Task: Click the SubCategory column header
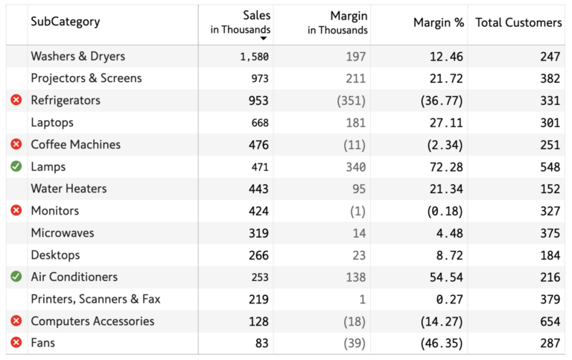pyautogui.click(x=65, y=22)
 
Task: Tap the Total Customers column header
pyautogui.click(x=518, y=22)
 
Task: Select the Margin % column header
pyautogui.click(x=438, y=22)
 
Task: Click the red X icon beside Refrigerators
pyautogui.click(x=16, y=100)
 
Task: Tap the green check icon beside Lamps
pyautogui.click(x=16, y=166)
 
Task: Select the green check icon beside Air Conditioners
pyautogui.click(x=16, y=277)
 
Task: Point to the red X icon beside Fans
pyautogui.click(x=16, y=343)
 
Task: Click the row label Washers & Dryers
pyautogui.click(x=77, y=56)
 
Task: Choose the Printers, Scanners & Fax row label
pyautogui.click(x=95, y=299)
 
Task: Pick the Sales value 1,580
pyautogui.click(x=254, y=57)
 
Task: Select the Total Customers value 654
pyautogui.click(x=550, y=321)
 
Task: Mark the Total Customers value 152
pyautogui.click(x=550, y=189)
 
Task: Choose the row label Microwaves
pyautogui.click(x=63, y=233)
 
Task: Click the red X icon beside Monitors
pyautogui.click(x=16, y=210)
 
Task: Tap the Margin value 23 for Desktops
pyautogui.click(x=359, y=255)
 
